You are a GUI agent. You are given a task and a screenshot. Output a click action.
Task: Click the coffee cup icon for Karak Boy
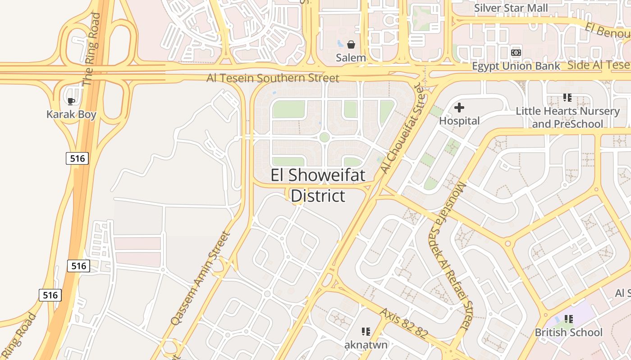click(x=71, y=101)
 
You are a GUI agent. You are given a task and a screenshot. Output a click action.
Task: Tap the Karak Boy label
click(x=71, y=114)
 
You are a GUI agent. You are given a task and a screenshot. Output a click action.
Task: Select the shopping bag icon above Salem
click(x=351, y=45)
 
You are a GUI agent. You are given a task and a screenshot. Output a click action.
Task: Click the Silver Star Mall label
click(x=511, y=8)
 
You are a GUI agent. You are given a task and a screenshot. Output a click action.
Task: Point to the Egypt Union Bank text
click(x=516, y=66)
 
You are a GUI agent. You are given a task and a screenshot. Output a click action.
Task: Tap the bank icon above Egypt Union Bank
click(x=516, y=53)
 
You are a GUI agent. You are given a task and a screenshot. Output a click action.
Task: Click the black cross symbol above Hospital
click(x=459, y=108)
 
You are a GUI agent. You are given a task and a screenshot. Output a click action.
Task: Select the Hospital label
click(x=459, y=121)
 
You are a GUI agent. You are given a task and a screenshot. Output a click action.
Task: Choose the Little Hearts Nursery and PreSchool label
click(x=567, y=117)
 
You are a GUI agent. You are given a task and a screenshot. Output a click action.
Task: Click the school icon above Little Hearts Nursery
click(x=567, y=97)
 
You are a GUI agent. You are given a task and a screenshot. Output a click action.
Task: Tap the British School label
click(x=568, y=332)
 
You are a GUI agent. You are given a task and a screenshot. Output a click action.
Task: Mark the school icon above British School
click(x=569, y=319)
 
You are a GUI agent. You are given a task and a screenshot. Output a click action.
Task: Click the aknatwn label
click(x=366, y=345)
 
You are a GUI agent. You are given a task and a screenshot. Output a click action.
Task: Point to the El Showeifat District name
click(x=318, y=185)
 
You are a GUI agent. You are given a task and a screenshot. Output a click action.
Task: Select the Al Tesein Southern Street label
click(x=273, y=78)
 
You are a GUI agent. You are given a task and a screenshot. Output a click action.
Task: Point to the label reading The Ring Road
click(x=91, y=49)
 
